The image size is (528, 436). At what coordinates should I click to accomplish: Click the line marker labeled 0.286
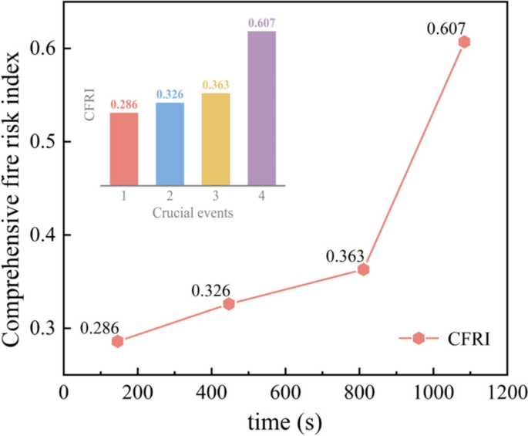tap(117, 341)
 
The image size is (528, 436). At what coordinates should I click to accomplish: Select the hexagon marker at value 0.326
tap(229, 304)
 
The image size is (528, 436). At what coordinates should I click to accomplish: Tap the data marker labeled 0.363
tap(363, 269)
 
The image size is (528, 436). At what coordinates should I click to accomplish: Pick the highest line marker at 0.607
tap(464, 42)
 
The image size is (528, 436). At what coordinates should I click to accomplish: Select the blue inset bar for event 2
tap(170, 144)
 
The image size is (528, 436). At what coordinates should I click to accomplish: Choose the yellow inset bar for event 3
tap(216, 139)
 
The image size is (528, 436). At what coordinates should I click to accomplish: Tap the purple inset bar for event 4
tap(261, 108)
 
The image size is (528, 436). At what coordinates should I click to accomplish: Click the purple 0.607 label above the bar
tap(261, 23)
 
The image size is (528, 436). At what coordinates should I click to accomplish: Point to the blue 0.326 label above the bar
tap(170, 94)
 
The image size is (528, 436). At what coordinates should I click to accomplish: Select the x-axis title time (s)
tap(284, 422)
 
